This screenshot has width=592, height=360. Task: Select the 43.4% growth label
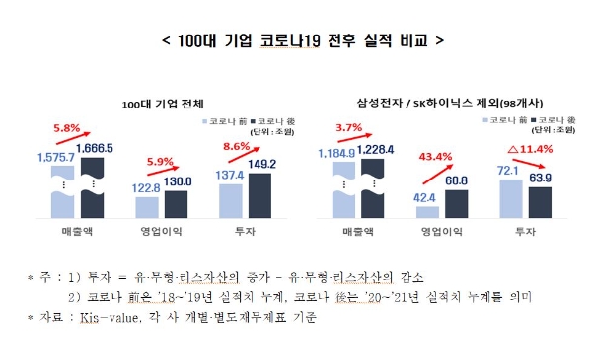click(435, 157)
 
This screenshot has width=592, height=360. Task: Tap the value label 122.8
click(146, 187)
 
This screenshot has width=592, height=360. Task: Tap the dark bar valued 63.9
click(541, 202)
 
